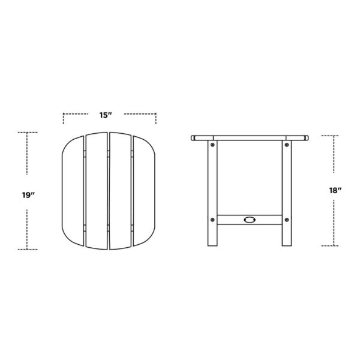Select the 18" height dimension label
(x=335, y=191)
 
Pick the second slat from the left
(x=97, y=191)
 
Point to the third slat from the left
(x=119, y=191)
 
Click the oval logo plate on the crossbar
(x=249, y=219)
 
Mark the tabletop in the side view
(x=249, y=137)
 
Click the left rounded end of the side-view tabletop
(x=193, y=138)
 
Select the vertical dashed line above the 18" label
(x=334, y=159)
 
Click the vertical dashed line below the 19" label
(x=28, y=225)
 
